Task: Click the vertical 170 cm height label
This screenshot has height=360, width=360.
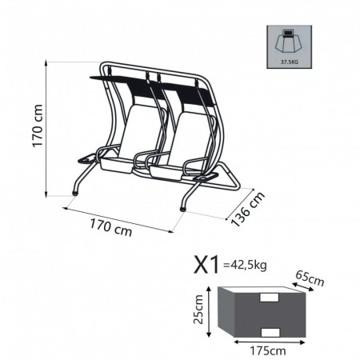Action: coord(38,126)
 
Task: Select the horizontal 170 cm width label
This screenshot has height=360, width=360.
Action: coord(111,227)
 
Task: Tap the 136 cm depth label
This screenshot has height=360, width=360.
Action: coord(247,209)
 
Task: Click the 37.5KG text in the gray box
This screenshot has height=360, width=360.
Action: coord(289,62)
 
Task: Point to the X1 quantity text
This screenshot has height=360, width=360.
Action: coord(206,264)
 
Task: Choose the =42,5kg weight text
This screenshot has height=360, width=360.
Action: coord(245,266)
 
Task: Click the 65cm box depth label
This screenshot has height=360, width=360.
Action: coord(310,278)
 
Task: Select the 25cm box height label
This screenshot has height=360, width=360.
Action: coord(198,309)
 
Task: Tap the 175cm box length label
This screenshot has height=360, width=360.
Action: coord(267,350)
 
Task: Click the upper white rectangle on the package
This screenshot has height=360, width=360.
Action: coord(270,298)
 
